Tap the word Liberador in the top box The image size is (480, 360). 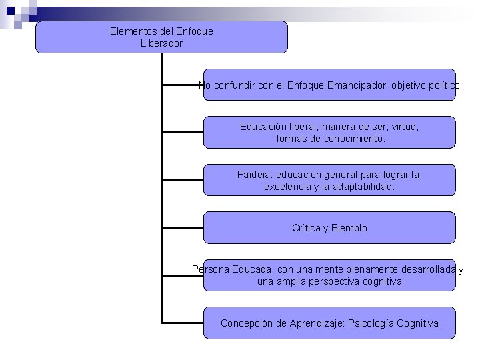(161, 43)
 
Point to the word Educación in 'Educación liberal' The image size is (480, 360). (262, 126)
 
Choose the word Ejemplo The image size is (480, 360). (349, 228)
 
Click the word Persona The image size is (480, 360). (210, 269)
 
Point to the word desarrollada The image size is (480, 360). (427, 269)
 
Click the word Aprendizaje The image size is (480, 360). (313, 323)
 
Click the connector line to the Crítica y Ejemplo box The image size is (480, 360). (182, 227)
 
